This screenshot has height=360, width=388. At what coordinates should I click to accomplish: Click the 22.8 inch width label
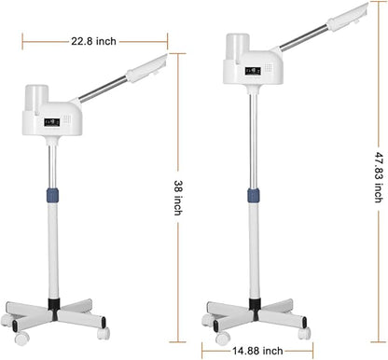pos(93,41)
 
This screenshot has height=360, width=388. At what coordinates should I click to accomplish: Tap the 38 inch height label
pos(178,198)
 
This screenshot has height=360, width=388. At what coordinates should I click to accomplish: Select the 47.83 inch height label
pos(379,177)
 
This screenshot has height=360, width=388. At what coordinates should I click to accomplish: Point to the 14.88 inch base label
pos(257,351)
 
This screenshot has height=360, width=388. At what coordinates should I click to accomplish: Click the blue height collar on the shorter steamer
pos(53,195)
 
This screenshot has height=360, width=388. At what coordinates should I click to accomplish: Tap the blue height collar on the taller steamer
pos(254,196)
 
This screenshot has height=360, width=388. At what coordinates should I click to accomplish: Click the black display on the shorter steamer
pos(52,122)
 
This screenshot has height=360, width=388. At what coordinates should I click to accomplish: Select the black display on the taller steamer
pos(253,71)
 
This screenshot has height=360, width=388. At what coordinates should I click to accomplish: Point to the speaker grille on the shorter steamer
pos(67,119)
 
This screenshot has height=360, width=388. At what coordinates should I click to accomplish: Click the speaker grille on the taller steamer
pos(269,68)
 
